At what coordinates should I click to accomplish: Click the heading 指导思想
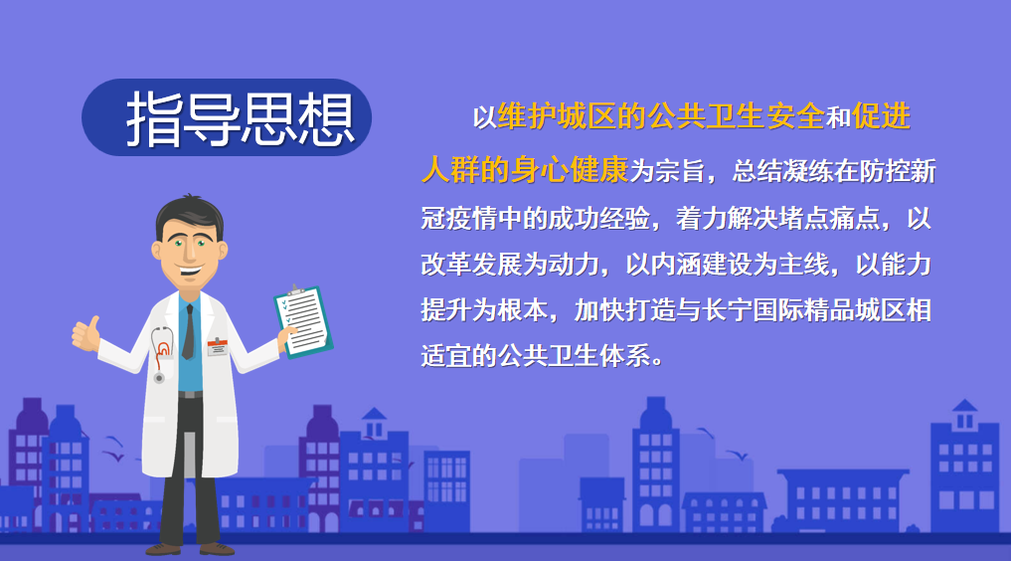coord(240,118)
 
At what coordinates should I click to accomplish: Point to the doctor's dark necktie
coord(188,331)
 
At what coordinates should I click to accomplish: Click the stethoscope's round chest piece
coord(159,378)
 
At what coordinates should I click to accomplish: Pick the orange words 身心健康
coord(570,169)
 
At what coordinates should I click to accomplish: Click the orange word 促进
coord(881,116)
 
